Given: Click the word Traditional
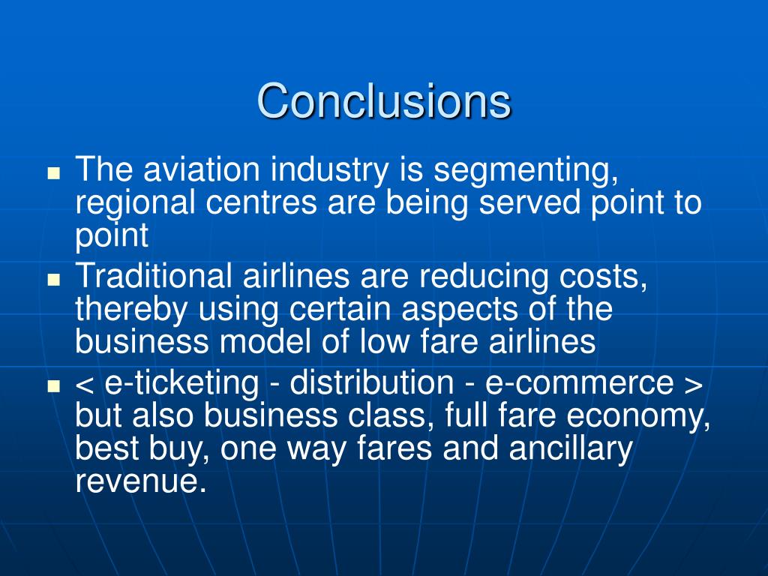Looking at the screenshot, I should pos(154,277).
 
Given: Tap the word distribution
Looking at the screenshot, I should pos(371,382).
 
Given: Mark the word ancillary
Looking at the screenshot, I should pos(571,448).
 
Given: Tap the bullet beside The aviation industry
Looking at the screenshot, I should pos(53,172).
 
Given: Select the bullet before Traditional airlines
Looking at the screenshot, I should pos(53,277).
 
